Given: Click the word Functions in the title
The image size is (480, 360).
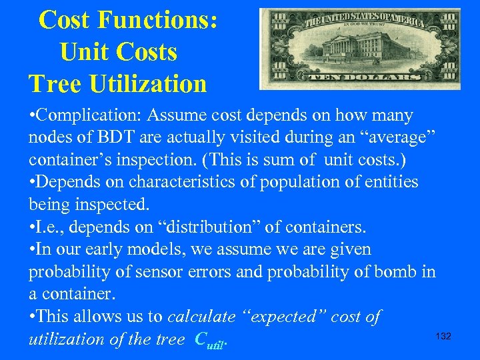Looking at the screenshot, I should click(157, 20).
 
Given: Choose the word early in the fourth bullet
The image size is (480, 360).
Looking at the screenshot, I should click(117, 250).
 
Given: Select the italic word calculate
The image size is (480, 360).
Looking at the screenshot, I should click(201, 317).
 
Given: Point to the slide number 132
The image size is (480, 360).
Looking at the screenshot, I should click(443, 336).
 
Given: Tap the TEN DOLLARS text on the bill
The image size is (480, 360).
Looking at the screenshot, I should click(361, 77).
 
